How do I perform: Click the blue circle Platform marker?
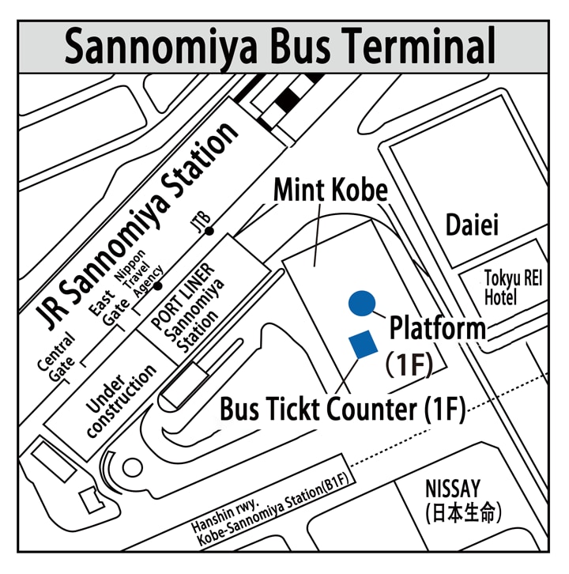pos(360,302)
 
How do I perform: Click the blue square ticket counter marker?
pos(363,343)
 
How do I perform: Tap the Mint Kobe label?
pos(330,191)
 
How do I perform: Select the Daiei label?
pos(473,225)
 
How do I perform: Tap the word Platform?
pos(437,327)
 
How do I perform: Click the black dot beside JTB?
pos(209,231)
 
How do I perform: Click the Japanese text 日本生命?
pos(463,512)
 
